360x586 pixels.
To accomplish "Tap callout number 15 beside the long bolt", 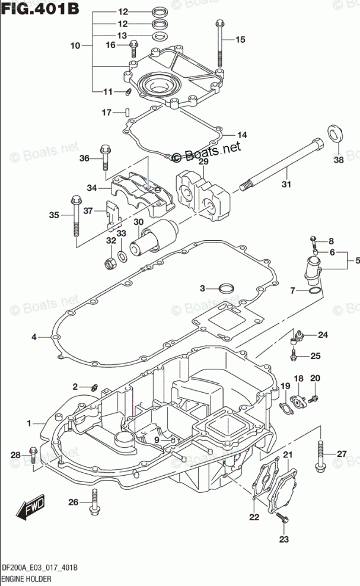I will (240, 40).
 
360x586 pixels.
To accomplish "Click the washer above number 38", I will (335, 133).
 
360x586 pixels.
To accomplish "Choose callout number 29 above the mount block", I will (203, 162).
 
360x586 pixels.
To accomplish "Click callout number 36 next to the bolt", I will (84, 158).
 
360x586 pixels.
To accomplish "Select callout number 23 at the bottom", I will (283, 539).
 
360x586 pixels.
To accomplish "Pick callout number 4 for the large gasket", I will (34, 337).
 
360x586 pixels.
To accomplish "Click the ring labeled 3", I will (225, 289).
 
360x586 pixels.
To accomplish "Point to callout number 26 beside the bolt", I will (73, 502).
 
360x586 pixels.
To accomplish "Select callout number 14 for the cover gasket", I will (242, 135).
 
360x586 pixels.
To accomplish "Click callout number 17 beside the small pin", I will (107, 113).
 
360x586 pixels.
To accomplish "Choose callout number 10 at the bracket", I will (75, 45).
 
